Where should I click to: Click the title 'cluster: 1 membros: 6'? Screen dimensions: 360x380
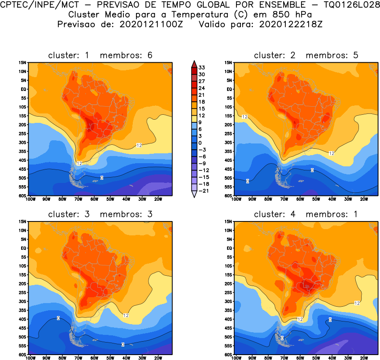click(x=100, y=55)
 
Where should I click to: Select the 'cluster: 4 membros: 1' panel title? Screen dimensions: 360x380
click(x=306, y=214)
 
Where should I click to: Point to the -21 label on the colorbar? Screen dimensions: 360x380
click(x=203, y=191)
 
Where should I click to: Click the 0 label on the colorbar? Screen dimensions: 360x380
click(x=201, y=143)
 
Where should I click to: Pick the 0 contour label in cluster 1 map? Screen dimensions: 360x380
click(x=102, y=178)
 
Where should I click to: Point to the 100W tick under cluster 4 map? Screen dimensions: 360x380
click(x=236, y=358)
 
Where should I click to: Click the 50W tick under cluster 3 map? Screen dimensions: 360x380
click(x=110, y=358)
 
